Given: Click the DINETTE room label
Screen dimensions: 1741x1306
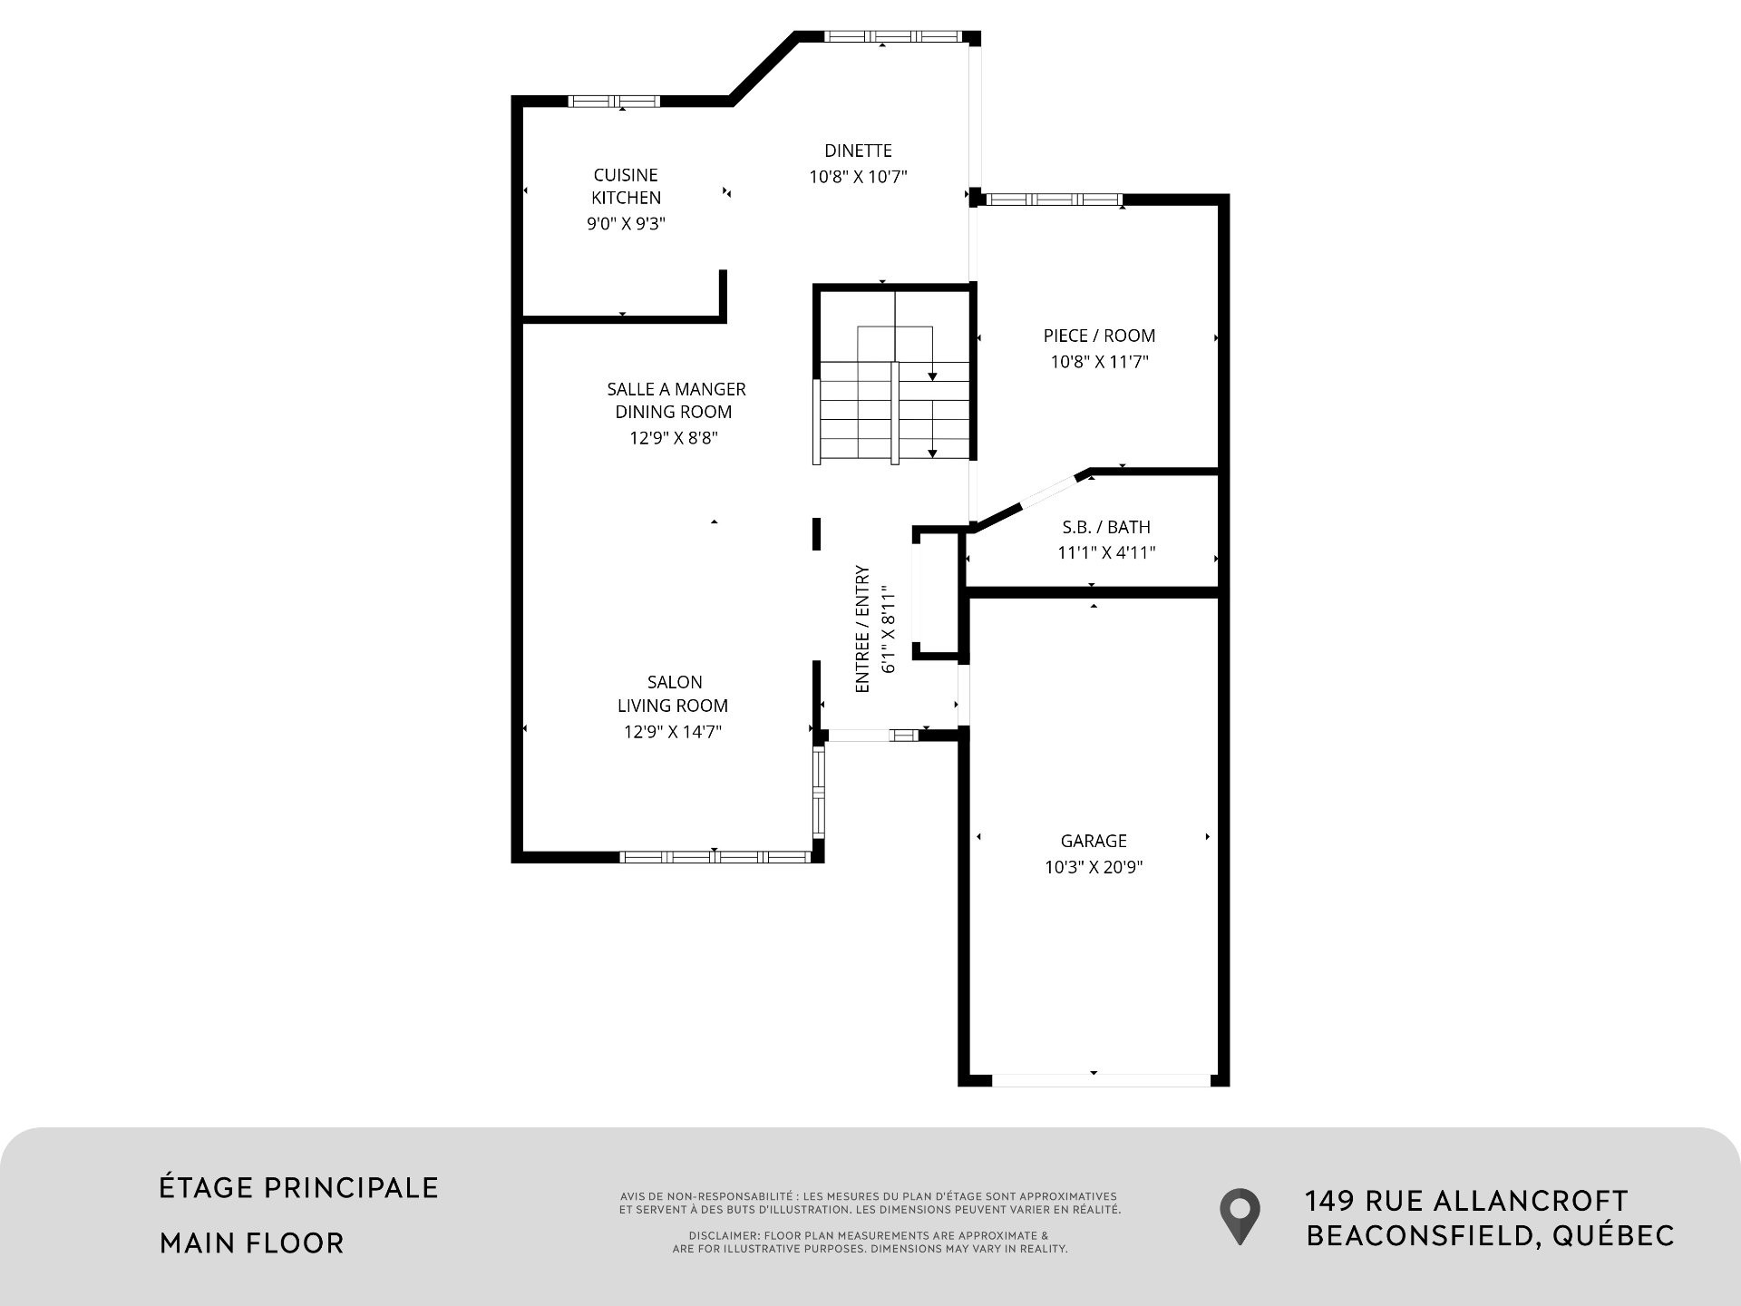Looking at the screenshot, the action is (x=858, y=151).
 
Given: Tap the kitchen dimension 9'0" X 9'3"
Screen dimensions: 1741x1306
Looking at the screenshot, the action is (x=626, y=223).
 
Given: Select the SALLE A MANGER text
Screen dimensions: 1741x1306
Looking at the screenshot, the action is (x=676, y=389).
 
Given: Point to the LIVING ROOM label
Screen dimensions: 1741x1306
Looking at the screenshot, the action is (x=673, y=706).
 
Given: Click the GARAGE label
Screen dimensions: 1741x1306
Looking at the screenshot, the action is (x=1094, y=841).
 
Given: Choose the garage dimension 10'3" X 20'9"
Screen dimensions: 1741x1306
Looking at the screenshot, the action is (x=1094, y=867).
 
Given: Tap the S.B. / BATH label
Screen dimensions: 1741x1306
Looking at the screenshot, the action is (x=1106, y=527).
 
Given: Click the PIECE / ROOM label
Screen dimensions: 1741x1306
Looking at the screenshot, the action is (x=1099, y=336).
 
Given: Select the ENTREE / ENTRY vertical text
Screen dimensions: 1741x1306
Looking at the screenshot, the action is (x=862, y=629).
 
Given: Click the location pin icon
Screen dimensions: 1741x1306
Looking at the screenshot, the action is (x=1240, y=1215).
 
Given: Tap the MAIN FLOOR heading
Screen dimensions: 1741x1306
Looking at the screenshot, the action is (x=252, y=1243).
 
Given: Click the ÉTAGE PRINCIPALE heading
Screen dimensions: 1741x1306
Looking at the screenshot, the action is (x=299, y=1187).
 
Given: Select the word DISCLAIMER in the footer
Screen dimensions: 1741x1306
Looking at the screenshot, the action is (x=724, y=1236).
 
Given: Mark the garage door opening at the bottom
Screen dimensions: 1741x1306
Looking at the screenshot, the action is (x=1100, y=1079).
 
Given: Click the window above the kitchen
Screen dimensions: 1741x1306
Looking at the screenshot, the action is (x=614, y=101).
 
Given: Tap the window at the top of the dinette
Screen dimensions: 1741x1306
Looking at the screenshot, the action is (x=892, y=37).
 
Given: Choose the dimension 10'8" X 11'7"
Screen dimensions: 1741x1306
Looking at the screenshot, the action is (x=1099, y=362).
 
